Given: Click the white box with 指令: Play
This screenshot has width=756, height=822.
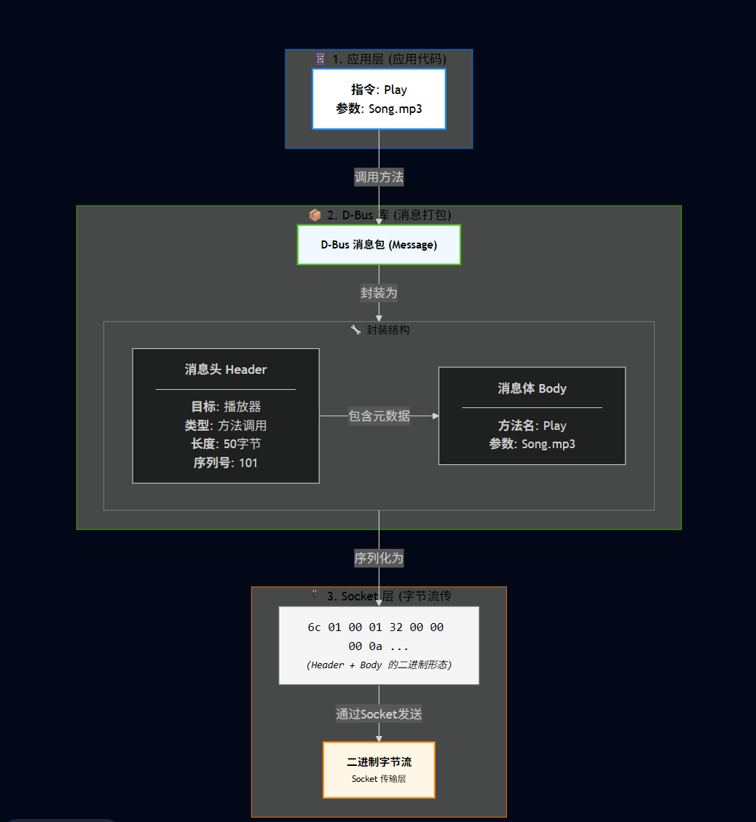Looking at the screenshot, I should tap(379, 99).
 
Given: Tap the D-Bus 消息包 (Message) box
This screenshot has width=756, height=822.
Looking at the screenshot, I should tap(379, 245).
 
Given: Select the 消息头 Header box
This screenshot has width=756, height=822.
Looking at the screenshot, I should tap(226, 415).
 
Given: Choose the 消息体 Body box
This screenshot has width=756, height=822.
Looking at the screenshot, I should tap(532, 415).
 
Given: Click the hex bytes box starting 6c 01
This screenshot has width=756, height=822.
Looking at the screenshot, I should tap(379, 645).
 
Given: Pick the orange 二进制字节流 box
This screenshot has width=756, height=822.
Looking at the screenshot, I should tap(379, 770).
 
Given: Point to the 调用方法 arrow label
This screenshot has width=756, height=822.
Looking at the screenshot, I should tap(379, 176).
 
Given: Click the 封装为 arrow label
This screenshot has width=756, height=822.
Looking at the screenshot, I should tap(379, 293).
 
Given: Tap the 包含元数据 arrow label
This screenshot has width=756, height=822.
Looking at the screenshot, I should tap(379, 416).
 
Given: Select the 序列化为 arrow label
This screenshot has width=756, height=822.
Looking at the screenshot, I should tap(379, 558).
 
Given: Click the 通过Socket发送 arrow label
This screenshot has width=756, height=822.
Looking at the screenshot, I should tap(379, 714).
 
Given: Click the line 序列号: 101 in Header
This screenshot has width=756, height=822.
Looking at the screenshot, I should tap(226, 463).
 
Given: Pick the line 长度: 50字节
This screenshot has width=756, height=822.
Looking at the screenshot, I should tap(226, 444).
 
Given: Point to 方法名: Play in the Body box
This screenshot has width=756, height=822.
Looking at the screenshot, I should tap(532, 426).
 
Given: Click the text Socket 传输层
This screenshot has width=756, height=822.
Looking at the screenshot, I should tap(379, 779).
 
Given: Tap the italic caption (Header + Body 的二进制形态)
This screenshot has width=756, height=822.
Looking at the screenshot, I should tap(379, 665).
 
